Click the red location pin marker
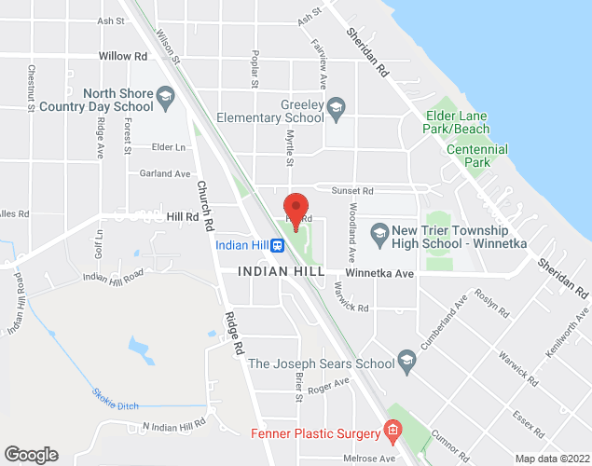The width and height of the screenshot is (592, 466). click(x=296, y=210)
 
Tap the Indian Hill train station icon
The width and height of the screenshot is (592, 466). click(x=277, y=246)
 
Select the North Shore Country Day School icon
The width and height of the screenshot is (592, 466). click(x=164, y=95)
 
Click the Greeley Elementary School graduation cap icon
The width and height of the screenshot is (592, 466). click(x=337, y=105)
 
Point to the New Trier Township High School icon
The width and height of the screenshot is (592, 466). click(x=379, y=230)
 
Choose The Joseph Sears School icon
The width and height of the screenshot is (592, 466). click(x=406, y=359)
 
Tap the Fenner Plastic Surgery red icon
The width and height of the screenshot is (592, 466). click(x=392, y=432)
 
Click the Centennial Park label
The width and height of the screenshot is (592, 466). click(x=477, y=156)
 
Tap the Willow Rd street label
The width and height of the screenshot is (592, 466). click(x=123, y=56)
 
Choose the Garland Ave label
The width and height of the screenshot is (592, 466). click(x=164, y=173)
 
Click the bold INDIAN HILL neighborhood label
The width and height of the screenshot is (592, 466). click(x=281, y=271)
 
